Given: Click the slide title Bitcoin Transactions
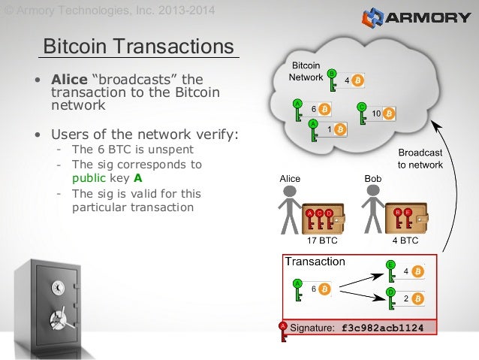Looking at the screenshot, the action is pyautogui.click(x=138, y=47).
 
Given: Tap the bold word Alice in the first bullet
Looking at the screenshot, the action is pyautogui.click(x=69, y=80).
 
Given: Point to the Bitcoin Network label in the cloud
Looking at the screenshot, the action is pyautogui.click(x=306, y=71).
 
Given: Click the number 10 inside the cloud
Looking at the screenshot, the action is pyautogui.click(x=377, y=113).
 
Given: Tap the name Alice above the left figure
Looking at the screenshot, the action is pyautogui.click(x=290, y=179).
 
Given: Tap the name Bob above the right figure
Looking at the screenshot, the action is pyautogui.click(x=372, y=179).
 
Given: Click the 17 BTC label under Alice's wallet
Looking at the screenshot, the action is pyautogui.click(x=322, y=242).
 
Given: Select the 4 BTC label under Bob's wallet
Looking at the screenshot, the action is pyautogui.click(x=405, y=242).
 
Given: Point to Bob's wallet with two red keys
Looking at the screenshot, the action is pyautogui.click(x=406, y=218).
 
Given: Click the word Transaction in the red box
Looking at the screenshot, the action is pyautogui.click(x=315, y=262).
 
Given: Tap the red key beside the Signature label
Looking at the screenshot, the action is pyautogui.click(x=283, y=331).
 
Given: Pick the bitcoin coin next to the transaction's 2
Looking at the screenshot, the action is pyautogui.click(x=417, y=298).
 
